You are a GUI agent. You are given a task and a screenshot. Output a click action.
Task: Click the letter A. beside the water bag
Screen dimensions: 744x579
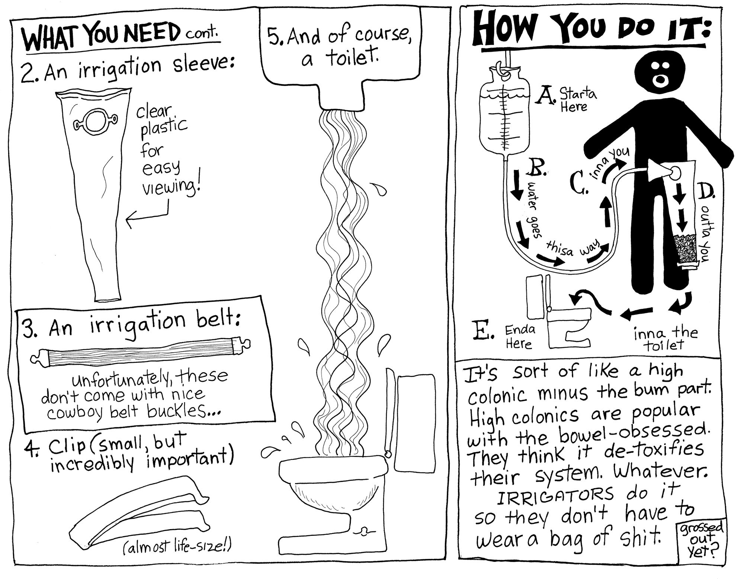[x=544, y=96]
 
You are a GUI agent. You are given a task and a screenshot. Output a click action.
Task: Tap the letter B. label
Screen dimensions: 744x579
[x=536, y=168]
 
